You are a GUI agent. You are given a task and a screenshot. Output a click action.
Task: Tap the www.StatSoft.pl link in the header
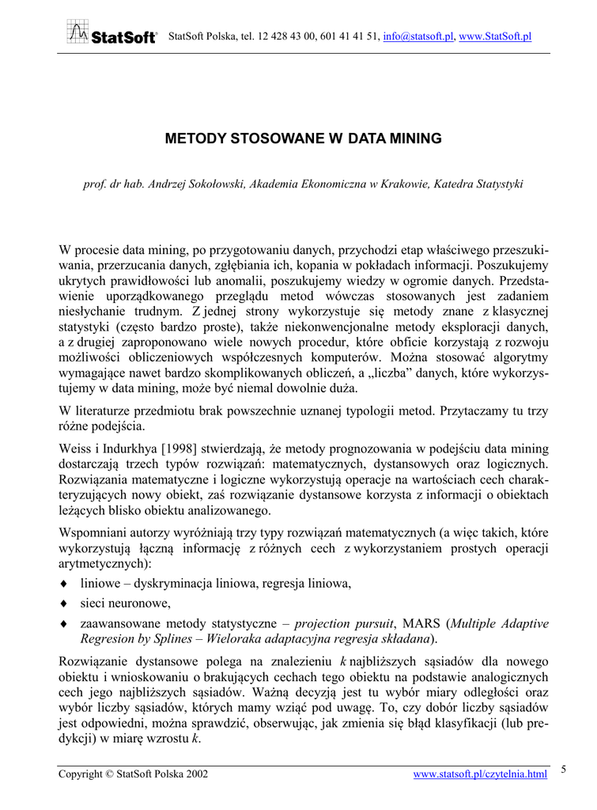coord(495,36)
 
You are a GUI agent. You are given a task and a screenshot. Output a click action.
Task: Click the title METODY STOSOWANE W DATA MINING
coord(303,138)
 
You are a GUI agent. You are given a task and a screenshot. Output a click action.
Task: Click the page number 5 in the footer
coord(564,768)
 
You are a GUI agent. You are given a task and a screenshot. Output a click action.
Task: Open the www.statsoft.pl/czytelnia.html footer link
coord(480,774)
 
